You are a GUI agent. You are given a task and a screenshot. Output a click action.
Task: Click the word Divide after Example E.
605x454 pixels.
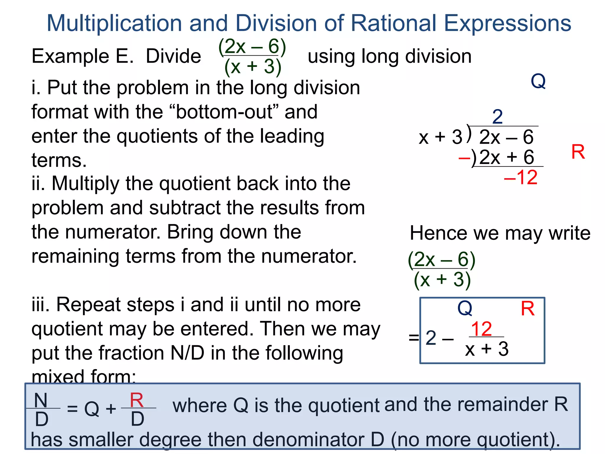pyautogui.click(x=173, y=56)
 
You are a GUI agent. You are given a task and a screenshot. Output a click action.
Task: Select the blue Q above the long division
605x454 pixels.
pyautogui.click(x=538, y=81)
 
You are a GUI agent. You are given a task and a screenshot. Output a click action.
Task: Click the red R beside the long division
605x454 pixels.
pyautogui.click(x=578, y=152)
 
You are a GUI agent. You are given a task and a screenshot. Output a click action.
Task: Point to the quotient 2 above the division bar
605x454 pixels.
pyautogui.click(x=497, y=117)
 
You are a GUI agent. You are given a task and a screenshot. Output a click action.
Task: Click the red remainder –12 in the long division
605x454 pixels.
pyautogui.click(x=521, y=177)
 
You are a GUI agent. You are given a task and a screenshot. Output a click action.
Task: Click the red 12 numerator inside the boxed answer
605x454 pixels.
pyautogui.click(x=482, y=329)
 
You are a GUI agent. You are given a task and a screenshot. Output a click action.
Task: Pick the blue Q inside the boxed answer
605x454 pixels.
pyautogui.click(x=465, y=308)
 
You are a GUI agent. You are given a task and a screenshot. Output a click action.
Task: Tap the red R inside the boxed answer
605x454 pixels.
pyautogui.click(x=528, y=309)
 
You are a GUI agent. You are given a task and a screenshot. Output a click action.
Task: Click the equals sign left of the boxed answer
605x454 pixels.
pyautogui.click(x=414, y=337)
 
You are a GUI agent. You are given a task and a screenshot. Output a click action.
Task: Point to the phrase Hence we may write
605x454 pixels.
pyautogui.click(x=500, y=233)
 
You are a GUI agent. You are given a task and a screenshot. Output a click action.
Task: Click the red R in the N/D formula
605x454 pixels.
pyautogui.click(x=137, y=400)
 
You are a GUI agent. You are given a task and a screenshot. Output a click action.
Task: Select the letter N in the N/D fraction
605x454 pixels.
pyautogui.click(x=41, y=400)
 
